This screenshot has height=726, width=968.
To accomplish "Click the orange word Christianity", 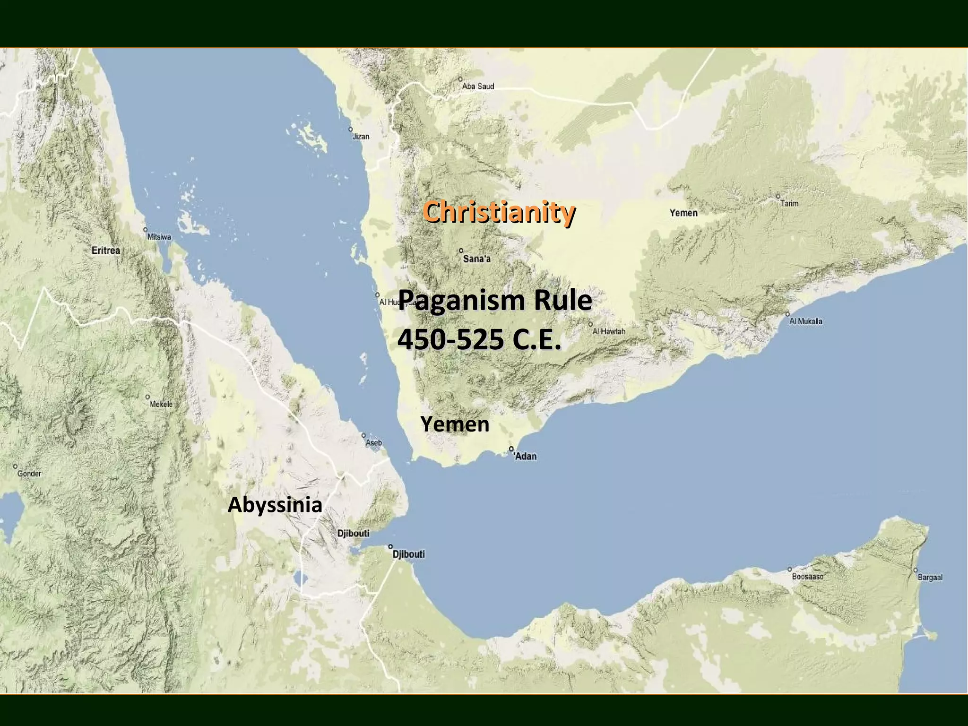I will pyautogui.click(x=499, y=212).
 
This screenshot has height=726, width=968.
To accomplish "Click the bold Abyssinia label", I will pyautogui.click(x=275, y=505).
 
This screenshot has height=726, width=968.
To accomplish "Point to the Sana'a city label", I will pyautogui.click(x=476, y=259).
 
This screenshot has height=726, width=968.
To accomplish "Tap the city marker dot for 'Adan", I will pyautogui.click(x=511, y=449).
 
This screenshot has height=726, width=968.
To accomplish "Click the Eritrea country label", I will pyautogui.click(x=106, y=251).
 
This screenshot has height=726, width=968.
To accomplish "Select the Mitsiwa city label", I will pyautogui.click(x=159, y=237).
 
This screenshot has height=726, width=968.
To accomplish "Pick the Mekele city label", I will pyautogui.click(x=161, y=404).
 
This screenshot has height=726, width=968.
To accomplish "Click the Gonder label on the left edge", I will pyautogui.click(x=29, y=474).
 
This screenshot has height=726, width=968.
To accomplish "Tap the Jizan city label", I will pyautogui.click(x=361, y=137).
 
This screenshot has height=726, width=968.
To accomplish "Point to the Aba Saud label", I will pyautogui.click(x=478, y=86).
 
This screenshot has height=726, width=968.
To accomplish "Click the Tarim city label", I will pyautogui.click(x=789, y=203).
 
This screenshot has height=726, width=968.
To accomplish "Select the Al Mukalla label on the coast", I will pyautogui.click(x=806, y=321).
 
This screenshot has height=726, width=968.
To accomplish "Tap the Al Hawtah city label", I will pyautogui.click(x=609, y=331).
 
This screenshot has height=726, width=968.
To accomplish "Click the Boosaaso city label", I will pyautogui.click(x=808, y=577).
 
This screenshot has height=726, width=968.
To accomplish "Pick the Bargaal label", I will pyautogui.click(x=930, y=577).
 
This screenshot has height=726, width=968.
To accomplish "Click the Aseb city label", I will pyautogui.click(x=374, y=443).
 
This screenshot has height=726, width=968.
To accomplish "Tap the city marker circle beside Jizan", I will pyautogui.click(x=350, y=129).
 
